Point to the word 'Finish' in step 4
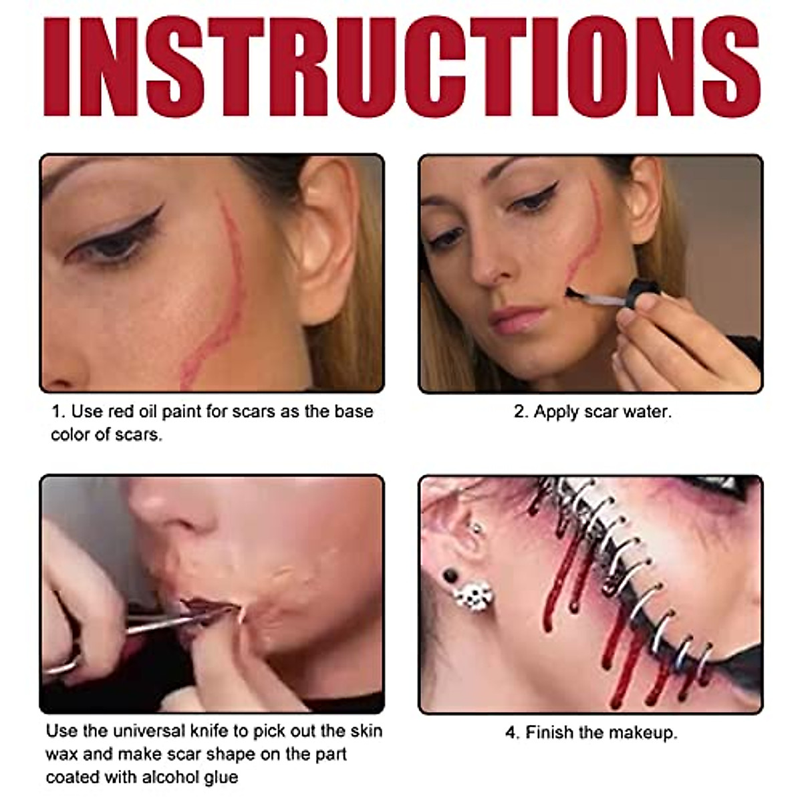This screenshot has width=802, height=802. [x=549, y=732]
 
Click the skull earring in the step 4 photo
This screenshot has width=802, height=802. [x=473, y=596]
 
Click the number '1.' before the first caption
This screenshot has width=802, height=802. [x=57, y=412]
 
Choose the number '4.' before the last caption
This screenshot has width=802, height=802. [x=512, y=733]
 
